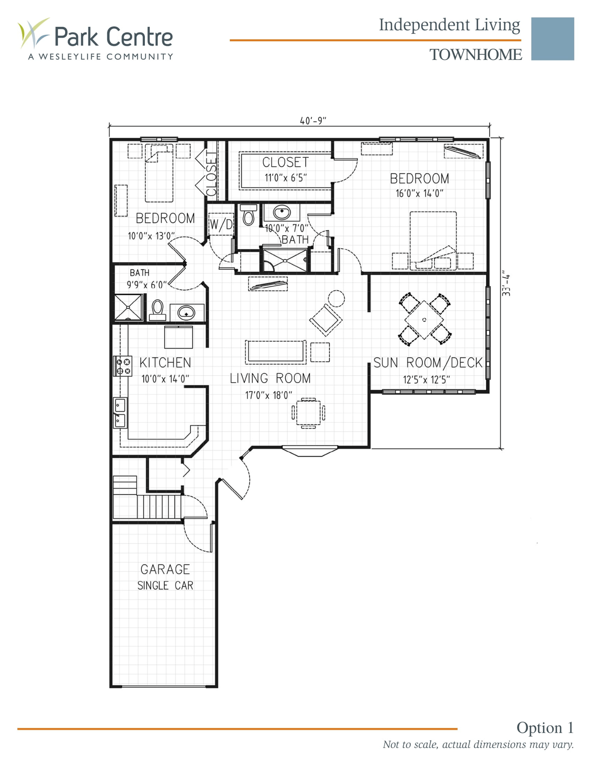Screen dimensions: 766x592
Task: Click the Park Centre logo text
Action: tap(113, 37)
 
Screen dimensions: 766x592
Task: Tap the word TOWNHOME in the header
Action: tap(475, 55)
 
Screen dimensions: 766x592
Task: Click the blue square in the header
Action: tap(552, 39)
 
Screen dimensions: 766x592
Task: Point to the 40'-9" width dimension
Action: tap(313, 121)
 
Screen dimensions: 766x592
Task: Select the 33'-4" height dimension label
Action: tap(506, 285)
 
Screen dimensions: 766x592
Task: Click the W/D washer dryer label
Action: tap(221, 224)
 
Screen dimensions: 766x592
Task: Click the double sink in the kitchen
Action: tap(120, 412)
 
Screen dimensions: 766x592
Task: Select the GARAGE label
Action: tap(165, 569)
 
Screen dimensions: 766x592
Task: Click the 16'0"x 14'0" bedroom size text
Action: tap(419, 193)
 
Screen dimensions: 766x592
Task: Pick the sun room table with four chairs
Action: tap(424, 319)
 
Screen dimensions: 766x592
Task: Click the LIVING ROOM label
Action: tap(270, 378)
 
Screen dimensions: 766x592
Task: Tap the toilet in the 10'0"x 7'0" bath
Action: tap(248, 215)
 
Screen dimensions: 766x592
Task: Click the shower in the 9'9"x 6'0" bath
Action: tap(128, 307)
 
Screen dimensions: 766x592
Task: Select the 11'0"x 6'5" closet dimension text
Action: tap(285, 178)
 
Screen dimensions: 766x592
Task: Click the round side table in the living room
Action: tap(336, 298)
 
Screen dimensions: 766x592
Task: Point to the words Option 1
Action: tap(544, 727)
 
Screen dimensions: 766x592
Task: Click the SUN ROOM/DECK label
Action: tap(427, 363)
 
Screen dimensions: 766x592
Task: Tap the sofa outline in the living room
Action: tap(276, 352)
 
